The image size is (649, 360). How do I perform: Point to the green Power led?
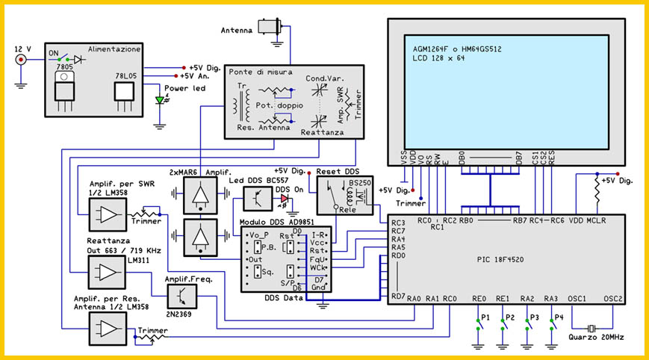[x=158, y=100]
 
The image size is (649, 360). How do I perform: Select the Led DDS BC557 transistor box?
[x=258, y=198]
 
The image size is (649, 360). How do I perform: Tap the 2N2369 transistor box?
[x=183, y=297]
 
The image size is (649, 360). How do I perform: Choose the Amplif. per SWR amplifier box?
[x=108, y=217]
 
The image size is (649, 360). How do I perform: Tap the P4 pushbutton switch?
[x=553, y=323]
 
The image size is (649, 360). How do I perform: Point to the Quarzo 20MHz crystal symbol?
[x=591, y=329]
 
